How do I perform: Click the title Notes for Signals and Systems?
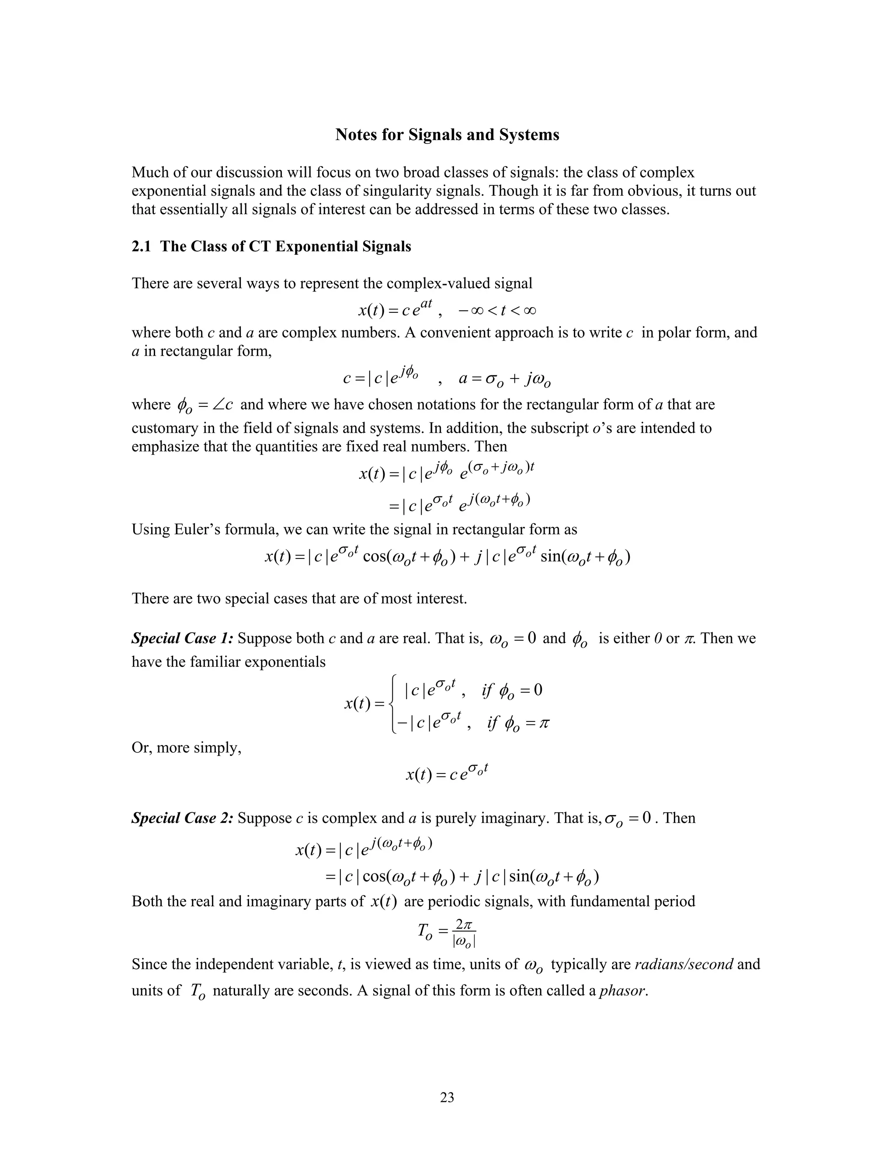(447, 135)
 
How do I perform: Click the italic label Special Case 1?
(182, 638)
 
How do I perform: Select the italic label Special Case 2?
(182, 818)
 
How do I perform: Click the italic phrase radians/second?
(683, 964)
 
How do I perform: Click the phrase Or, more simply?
(186, 748)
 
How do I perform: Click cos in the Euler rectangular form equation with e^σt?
(375, 557)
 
